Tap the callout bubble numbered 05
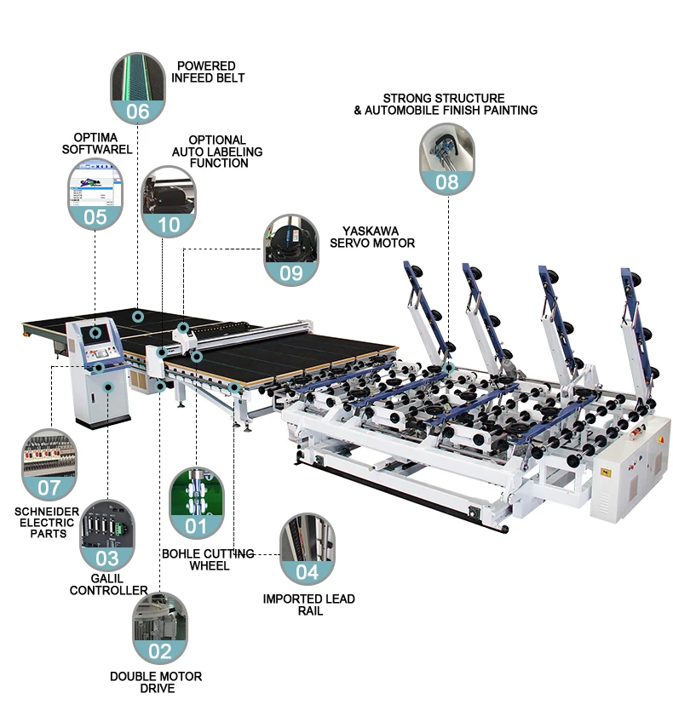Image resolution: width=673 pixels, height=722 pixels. click(95, 195)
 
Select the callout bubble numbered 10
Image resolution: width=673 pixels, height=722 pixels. click(170, 201)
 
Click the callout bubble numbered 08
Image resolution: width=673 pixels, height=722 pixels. click(446, 158)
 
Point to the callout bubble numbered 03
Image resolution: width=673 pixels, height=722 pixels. click(107, 535)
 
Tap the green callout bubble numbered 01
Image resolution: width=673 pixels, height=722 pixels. click(197, 502)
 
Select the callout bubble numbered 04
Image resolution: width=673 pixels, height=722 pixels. click(308, 548)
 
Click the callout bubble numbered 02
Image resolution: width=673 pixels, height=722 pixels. click(160, 628)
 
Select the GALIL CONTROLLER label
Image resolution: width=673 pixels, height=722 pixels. click(108, 584)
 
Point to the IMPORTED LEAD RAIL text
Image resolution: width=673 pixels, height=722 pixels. click(308, 605)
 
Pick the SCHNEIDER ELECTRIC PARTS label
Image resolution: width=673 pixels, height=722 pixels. click(48, 523)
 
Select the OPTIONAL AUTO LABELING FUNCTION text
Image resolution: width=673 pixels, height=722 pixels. click(216, 151)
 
